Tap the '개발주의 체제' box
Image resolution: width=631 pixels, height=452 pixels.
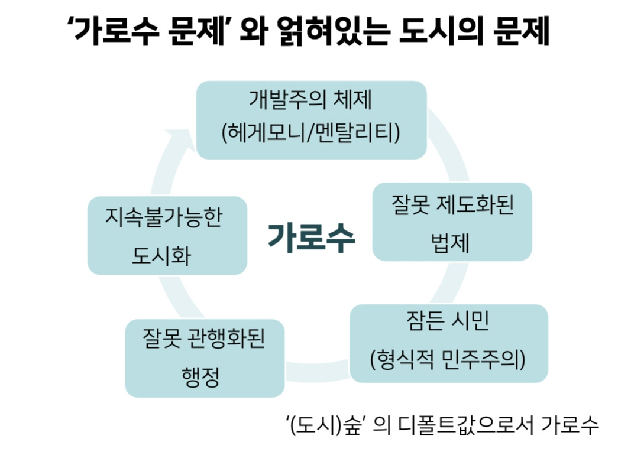point(311,119)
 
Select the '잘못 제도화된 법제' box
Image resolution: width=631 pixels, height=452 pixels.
point(452,222)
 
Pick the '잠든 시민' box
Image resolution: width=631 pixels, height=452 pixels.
point(448,343)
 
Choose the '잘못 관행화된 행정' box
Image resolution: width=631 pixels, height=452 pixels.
point(205,358)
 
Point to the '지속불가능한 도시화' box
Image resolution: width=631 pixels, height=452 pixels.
point(167,235)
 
